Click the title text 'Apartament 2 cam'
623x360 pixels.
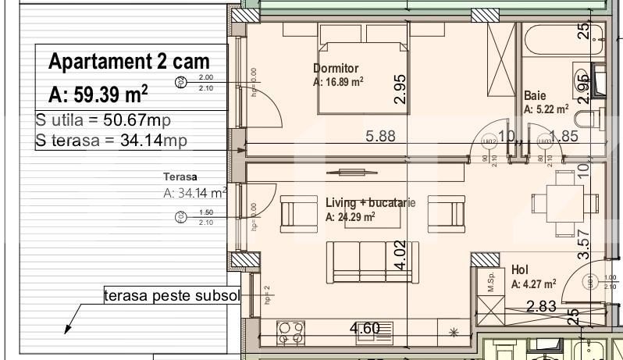point(129,62)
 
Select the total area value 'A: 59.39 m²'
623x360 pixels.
point(98,94)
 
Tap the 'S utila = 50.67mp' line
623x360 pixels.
point(103,121)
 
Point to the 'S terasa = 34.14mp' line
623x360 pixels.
point(111,141)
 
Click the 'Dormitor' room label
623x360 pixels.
point(336,68)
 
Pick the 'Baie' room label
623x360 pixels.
point(535,95)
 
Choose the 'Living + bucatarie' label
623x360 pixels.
point(370,203)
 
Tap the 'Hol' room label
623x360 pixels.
point(519,269)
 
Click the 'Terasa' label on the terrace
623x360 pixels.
point(180,176)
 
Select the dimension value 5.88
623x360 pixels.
point(381,136)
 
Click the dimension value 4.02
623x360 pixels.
point(400,255)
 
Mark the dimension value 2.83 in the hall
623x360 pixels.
point(540,306)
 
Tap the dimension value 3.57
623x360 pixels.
point(581,243)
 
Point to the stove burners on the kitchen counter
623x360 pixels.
point(290,333)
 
